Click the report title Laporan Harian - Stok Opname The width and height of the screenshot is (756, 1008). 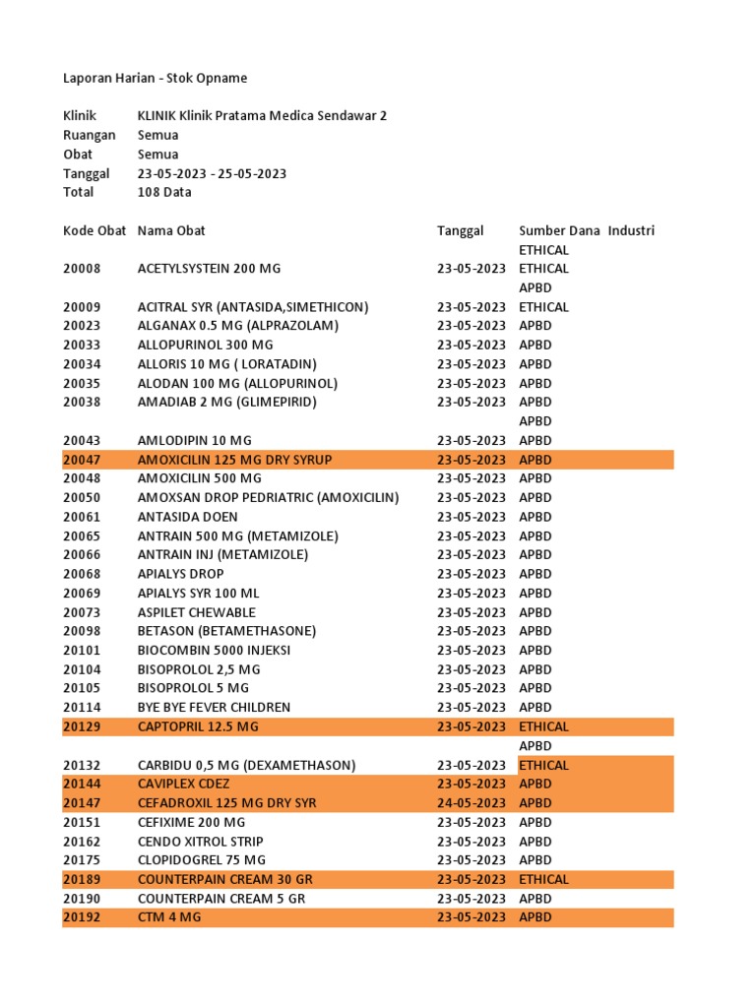coord(156,78)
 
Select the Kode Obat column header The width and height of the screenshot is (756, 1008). coord(94,230)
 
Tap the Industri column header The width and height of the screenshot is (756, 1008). coord(631,230)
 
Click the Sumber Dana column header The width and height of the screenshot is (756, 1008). coord(559,230)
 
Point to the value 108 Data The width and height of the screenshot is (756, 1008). coord(164,192)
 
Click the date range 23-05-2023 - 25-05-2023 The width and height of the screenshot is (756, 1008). coord(212,173)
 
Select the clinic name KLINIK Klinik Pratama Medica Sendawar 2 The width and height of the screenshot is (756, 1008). coord(262,116)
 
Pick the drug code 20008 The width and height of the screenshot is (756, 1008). coord(82,268)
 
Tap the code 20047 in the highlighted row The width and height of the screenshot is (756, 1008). coord(82,460)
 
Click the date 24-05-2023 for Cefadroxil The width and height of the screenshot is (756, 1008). coord(472,803)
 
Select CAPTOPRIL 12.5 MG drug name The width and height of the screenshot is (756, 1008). coord(198,726)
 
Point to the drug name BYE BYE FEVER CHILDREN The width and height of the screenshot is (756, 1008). coord(214,707)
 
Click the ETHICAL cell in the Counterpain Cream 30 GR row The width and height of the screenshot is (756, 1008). coord(543,879)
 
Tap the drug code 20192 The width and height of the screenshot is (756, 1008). coord(82,917)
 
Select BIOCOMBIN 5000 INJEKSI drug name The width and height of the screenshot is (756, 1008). coord(214,650)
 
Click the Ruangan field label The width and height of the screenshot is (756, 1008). coord(90,135)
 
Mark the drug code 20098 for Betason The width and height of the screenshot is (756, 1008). coord(82,631)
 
